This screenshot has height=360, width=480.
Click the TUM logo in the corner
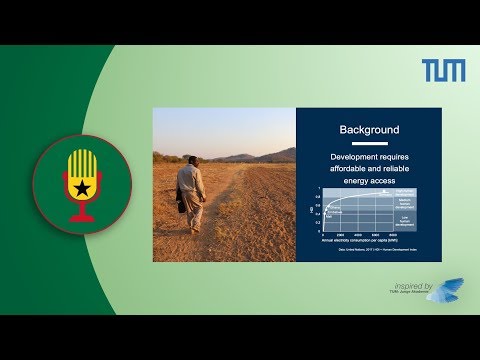pos(443,71)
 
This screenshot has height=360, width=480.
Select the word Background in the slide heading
pos(369,130)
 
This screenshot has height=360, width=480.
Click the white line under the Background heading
pos(369,141)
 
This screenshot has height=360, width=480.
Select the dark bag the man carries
pos(182,201)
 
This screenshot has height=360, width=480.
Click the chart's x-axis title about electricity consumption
pos(357,240)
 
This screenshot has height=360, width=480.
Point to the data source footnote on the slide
pos(365,250)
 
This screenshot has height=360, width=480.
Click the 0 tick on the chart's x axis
pos(322,234)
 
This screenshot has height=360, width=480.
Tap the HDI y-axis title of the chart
pos(310,209)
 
